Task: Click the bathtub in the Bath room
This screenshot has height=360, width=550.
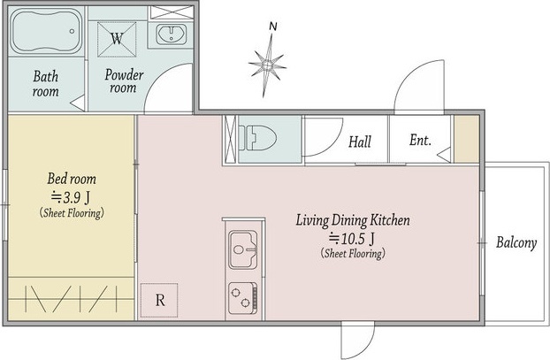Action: coord(47,31)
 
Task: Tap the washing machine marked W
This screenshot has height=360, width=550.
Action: coord(117,39)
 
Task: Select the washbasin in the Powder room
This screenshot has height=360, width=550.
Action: coord(172,34)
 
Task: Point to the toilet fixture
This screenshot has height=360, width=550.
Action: coord(257,139)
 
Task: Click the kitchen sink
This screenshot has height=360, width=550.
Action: coord(243,249)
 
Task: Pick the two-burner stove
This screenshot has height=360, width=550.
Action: coord(243,298)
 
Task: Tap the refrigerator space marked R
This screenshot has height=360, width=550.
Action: coord(159,300)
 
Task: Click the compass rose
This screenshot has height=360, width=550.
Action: coord(267,65)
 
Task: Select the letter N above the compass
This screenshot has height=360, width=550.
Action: coord(273,26)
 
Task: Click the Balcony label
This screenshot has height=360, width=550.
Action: coord(516,243)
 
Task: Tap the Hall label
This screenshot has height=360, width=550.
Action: coord(360,142)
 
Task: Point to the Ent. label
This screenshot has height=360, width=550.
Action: coord(420,140)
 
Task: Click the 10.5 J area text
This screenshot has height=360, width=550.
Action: coord(352,239)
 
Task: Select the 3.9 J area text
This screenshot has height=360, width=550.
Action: coord(71,197)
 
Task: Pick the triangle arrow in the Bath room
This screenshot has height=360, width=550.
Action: coord(78,103)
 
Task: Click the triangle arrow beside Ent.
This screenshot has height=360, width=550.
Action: coord(444,155)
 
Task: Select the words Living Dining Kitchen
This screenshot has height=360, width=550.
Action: coord(353,220)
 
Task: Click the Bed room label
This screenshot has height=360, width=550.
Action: coord(72,179)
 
